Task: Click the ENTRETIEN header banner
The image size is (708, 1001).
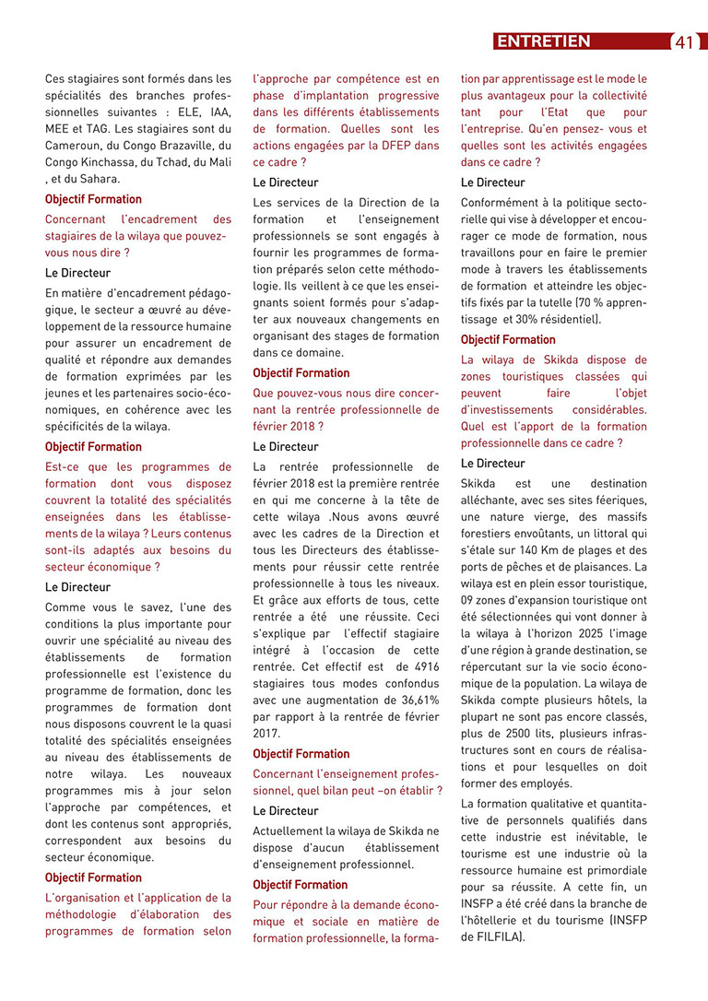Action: (x=543, y=41)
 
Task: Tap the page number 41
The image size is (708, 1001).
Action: (x=684, y=42)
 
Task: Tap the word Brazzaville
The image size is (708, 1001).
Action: (x=188, y=146)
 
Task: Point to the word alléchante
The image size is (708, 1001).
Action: (x=493, y=500)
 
